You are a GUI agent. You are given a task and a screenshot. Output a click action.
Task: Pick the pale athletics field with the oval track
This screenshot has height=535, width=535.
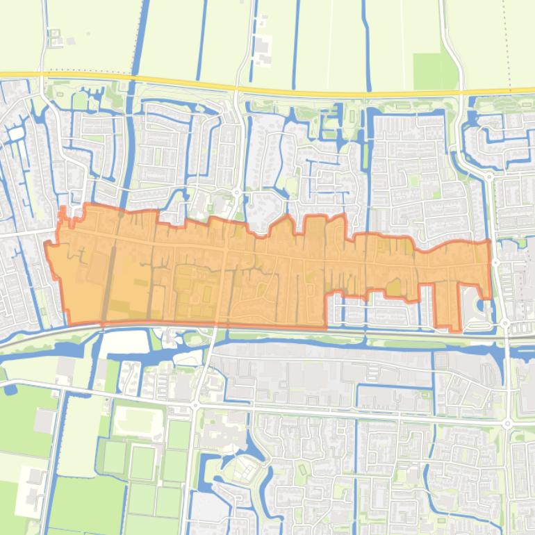click(x=138, y=420)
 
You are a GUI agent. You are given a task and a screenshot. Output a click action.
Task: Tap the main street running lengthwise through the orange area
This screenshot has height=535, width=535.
click(x=278, y=254)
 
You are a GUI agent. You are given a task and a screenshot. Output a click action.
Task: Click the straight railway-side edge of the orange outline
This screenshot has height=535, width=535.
click(x=208, y=324)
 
